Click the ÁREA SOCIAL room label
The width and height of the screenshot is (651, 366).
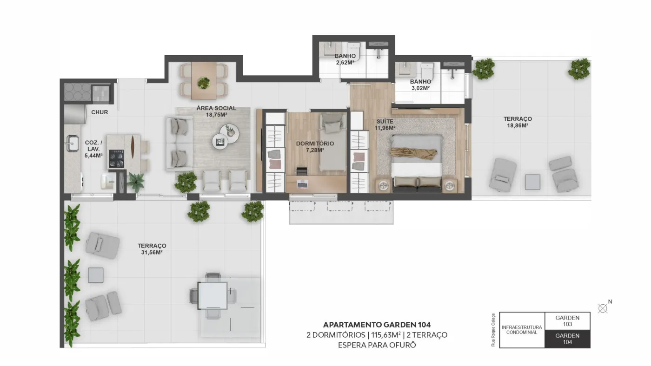216,108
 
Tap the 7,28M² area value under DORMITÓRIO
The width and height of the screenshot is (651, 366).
315,150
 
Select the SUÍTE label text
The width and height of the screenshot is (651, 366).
385,121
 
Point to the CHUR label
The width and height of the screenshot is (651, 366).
100,112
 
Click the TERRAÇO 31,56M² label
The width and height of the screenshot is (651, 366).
152,249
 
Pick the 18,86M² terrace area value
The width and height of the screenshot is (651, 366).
518,126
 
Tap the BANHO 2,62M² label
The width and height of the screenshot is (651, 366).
345,59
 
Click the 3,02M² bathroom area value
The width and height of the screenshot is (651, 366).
420,88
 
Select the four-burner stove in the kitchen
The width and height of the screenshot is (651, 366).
117,159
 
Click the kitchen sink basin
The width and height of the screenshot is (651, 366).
73,144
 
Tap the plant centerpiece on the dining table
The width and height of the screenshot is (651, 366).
204,83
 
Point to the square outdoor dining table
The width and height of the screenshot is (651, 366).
213,296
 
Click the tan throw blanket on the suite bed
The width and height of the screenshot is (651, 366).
413,154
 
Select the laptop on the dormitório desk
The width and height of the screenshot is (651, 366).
302,183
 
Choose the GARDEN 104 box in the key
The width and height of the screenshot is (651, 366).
567,339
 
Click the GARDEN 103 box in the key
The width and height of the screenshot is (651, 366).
567,321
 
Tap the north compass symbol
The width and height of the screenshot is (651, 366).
603,308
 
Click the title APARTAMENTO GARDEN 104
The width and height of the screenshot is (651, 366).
377,325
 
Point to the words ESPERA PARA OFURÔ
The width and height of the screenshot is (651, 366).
377,345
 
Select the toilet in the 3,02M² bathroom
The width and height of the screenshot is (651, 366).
427,72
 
